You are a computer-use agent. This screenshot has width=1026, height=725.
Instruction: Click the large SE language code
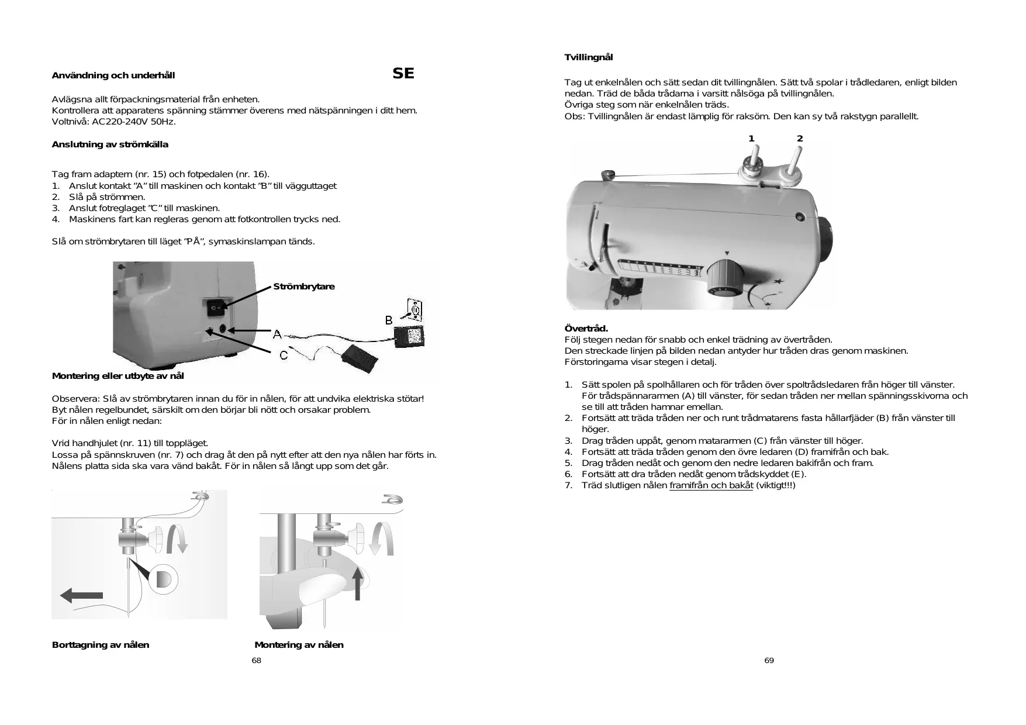(403, 74)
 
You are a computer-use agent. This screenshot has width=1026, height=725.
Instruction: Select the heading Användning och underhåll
(113, 75)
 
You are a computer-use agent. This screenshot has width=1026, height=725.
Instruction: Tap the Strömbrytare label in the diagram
(304, 286)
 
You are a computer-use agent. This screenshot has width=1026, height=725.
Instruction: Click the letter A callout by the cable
(277, 334)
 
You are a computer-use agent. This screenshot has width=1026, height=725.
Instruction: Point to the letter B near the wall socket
(389, 320)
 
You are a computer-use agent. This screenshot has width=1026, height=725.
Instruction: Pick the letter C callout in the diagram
(284, 355)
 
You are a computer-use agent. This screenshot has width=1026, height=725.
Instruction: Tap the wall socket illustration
(414, 309)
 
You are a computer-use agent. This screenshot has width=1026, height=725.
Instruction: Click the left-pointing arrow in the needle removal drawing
(82, 595)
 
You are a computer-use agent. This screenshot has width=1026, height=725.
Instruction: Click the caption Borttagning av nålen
(101, 645)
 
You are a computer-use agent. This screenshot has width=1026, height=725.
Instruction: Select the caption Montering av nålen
(299, 645)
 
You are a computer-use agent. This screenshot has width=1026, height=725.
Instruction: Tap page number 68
(256, 660)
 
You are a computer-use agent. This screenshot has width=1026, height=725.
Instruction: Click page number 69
(769, 660)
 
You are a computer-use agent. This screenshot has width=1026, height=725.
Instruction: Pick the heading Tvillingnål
(589, 57)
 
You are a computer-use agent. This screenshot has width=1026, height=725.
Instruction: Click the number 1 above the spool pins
(752, 139)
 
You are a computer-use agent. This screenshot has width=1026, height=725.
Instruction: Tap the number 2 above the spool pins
(800, 139)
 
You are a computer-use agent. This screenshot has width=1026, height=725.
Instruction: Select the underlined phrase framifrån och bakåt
(711, 485)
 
